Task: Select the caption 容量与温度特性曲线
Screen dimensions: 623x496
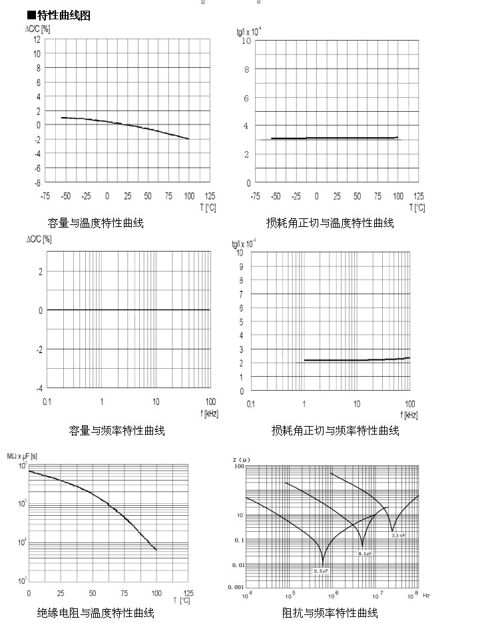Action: point(95,223)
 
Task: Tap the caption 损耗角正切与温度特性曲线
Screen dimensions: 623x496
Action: point(330,223)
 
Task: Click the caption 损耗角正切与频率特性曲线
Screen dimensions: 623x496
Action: point(335,431)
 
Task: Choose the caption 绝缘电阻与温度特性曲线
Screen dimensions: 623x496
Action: point(95,612)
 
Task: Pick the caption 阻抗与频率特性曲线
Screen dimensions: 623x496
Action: point(330,612)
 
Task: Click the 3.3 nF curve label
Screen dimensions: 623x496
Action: point(399,536)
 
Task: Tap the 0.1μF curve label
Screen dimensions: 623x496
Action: point(365,554)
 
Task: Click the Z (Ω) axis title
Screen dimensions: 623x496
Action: point(241,460)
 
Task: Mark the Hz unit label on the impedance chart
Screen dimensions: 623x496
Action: point(426,594)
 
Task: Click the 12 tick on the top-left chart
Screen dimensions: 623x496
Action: point(37,39)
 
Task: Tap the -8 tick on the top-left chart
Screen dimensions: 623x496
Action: point(37,182)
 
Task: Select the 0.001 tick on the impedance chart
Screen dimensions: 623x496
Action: point(235,587)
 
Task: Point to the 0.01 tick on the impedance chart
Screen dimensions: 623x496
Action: point(236,564)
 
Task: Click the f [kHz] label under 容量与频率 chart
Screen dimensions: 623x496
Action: point(208,413)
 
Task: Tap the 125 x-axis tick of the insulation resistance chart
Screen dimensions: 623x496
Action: point(188,592)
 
